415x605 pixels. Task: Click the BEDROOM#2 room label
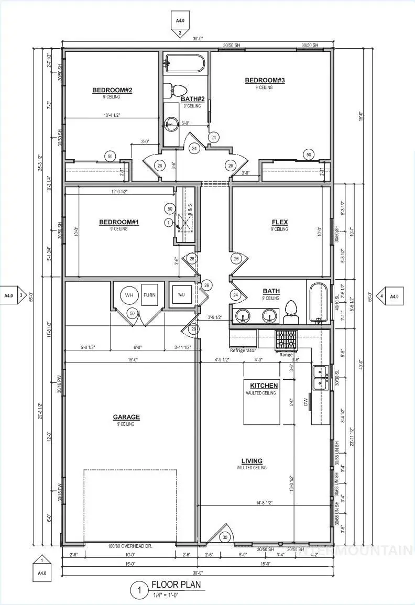point(112,90)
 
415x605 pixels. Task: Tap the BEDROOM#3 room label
point(265,80)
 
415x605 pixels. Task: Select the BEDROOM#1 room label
point(119,222)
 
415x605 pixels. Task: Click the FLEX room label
point(279,222)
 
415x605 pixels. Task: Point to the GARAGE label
point(126,417)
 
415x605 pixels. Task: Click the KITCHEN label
point(264,386)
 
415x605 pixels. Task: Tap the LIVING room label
point(252,461)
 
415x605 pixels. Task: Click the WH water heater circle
point(129,295)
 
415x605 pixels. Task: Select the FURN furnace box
point(149,295)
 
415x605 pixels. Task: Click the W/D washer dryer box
point(181,295)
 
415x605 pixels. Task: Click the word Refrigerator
point(243,350)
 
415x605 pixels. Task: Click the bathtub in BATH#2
point(183,64)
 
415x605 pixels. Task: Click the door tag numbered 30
point(225,537)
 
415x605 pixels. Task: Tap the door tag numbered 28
point(194,329)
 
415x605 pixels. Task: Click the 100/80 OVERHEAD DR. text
point(129,546)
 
